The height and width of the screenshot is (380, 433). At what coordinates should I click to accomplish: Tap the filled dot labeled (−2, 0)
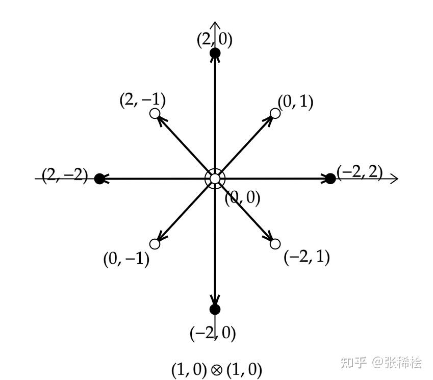pos(215,309)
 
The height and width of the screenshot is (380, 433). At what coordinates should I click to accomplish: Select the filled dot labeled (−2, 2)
pos(330,179)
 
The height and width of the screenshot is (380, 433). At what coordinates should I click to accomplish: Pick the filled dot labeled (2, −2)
pos(100,179)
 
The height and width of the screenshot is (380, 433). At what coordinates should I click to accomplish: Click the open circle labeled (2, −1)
pos(156,114)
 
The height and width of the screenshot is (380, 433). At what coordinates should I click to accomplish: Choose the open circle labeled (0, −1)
pos(156,244)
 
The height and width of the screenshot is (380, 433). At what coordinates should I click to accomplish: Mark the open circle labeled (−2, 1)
pos(275,244)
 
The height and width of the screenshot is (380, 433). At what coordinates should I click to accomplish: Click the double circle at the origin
pos(215,179)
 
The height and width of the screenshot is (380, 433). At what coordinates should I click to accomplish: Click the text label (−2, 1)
pos(307,257)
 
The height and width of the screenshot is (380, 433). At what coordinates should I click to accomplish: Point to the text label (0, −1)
pos(126,259)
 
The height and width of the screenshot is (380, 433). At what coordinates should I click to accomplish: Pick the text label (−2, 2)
pos(360,171)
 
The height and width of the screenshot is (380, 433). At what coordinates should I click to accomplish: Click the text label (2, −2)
pos(65,177)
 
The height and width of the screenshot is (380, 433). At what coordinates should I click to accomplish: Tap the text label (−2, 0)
pos(213,334)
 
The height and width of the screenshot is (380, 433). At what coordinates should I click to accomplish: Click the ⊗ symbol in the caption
pos(216,369)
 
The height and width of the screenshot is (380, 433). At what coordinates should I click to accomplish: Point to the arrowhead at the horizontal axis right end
pos(394,179)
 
